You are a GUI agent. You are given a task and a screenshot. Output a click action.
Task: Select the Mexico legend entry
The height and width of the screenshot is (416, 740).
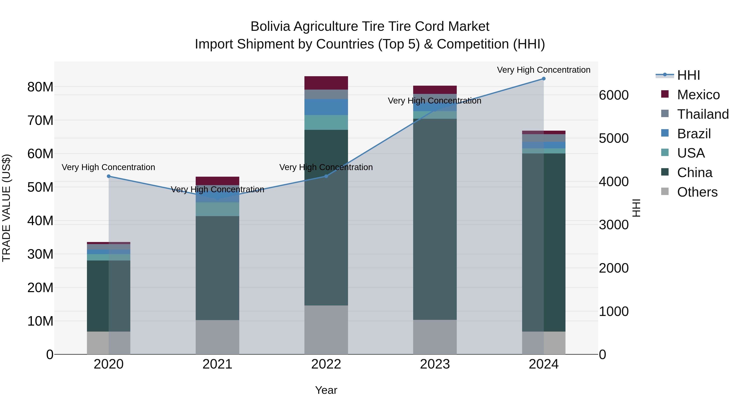pos(698,95)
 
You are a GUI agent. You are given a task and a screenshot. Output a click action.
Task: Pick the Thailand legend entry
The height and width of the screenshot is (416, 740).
pos(703,114)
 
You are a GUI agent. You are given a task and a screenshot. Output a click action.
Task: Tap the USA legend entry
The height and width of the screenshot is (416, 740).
pos(691,153)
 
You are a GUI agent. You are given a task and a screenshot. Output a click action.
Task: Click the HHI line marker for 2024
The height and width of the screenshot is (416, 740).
pos(543,79)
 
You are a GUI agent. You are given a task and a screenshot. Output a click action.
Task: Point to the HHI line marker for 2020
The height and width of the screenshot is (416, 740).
pos(109,176)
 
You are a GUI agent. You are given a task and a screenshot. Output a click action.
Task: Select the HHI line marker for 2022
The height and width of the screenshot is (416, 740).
pos(326,176)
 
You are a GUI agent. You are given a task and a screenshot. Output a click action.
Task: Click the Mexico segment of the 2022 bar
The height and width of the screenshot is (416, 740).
pos(326,83)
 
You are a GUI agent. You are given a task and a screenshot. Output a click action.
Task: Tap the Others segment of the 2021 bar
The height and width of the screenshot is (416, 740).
pos(217,337)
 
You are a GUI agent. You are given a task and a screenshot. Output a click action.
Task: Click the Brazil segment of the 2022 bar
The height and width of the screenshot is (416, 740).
pos(326,107)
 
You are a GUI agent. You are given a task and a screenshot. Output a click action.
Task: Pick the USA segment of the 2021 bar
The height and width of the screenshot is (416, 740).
pos(217,209)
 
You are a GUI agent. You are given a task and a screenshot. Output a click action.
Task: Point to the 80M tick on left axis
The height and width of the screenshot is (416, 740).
pos(40,87)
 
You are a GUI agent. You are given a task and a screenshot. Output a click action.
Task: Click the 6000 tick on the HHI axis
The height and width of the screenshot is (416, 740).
pos(614,95)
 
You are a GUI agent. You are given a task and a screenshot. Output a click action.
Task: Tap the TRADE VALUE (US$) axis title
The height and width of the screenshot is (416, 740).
pos(6,208)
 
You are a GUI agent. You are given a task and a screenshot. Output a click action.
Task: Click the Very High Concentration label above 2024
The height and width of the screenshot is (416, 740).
pos(543,70)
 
